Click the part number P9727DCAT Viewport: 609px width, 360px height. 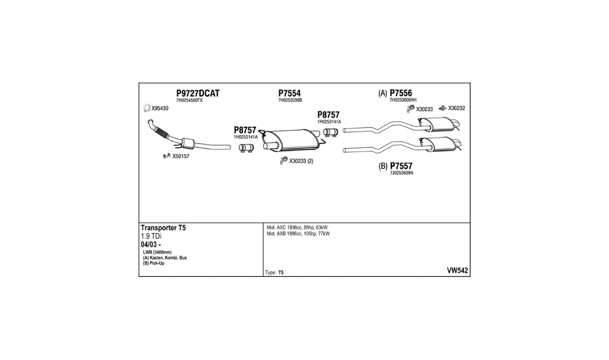click(198, 93)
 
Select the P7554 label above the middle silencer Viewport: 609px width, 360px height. click(290, 93)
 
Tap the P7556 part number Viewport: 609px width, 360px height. click(401, 93)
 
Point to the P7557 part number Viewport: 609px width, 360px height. click(401, 166)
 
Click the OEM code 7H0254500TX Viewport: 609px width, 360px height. click(189, 100)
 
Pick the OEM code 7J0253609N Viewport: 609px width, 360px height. click(401, 173)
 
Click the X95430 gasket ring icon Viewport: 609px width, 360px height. click(147, 108)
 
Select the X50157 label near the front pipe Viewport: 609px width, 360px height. click(180, 156)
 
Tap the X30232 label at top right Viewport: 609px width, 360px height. click(456, 108)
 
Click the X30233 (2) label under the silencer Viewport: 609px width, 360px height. click(301, 161)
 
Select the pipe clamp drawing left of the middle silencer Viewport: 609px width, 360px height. click(246, 147)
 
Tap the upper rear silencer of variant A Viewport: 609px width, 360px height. click(439, 124)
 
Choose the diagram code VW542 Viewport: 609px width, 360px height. click(457, 271)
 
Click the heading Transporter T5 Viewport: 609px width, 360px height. click(163, 228)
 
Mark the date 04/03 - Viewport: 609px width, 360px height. click(151, 245)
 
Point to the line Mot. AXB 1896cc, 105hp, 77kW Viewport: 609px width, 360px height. click(298, 234)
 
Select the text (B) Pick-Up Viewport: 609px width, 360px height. click(153, 263)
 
